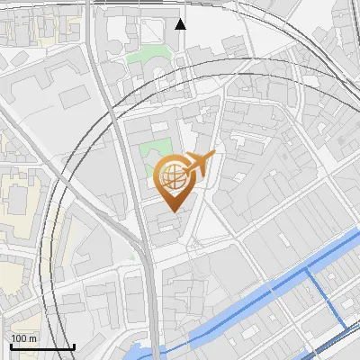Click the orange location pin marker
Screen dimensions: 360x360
click(175, 181)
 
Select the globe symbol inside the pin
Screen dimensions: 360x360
click(174, 175)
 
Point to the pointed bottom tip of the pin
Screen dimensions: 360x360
click(174, 211)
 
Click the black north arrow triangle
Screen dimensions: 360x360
click(181, 24)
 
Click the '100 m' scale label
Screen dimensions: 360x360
click(24, 337)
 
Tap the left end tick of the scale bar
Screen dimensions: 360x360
click(11, 345)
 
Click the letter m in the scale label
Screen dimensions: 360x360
click(33, 337)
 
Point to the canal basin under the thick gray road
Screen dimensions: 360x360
click(144, 352)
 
